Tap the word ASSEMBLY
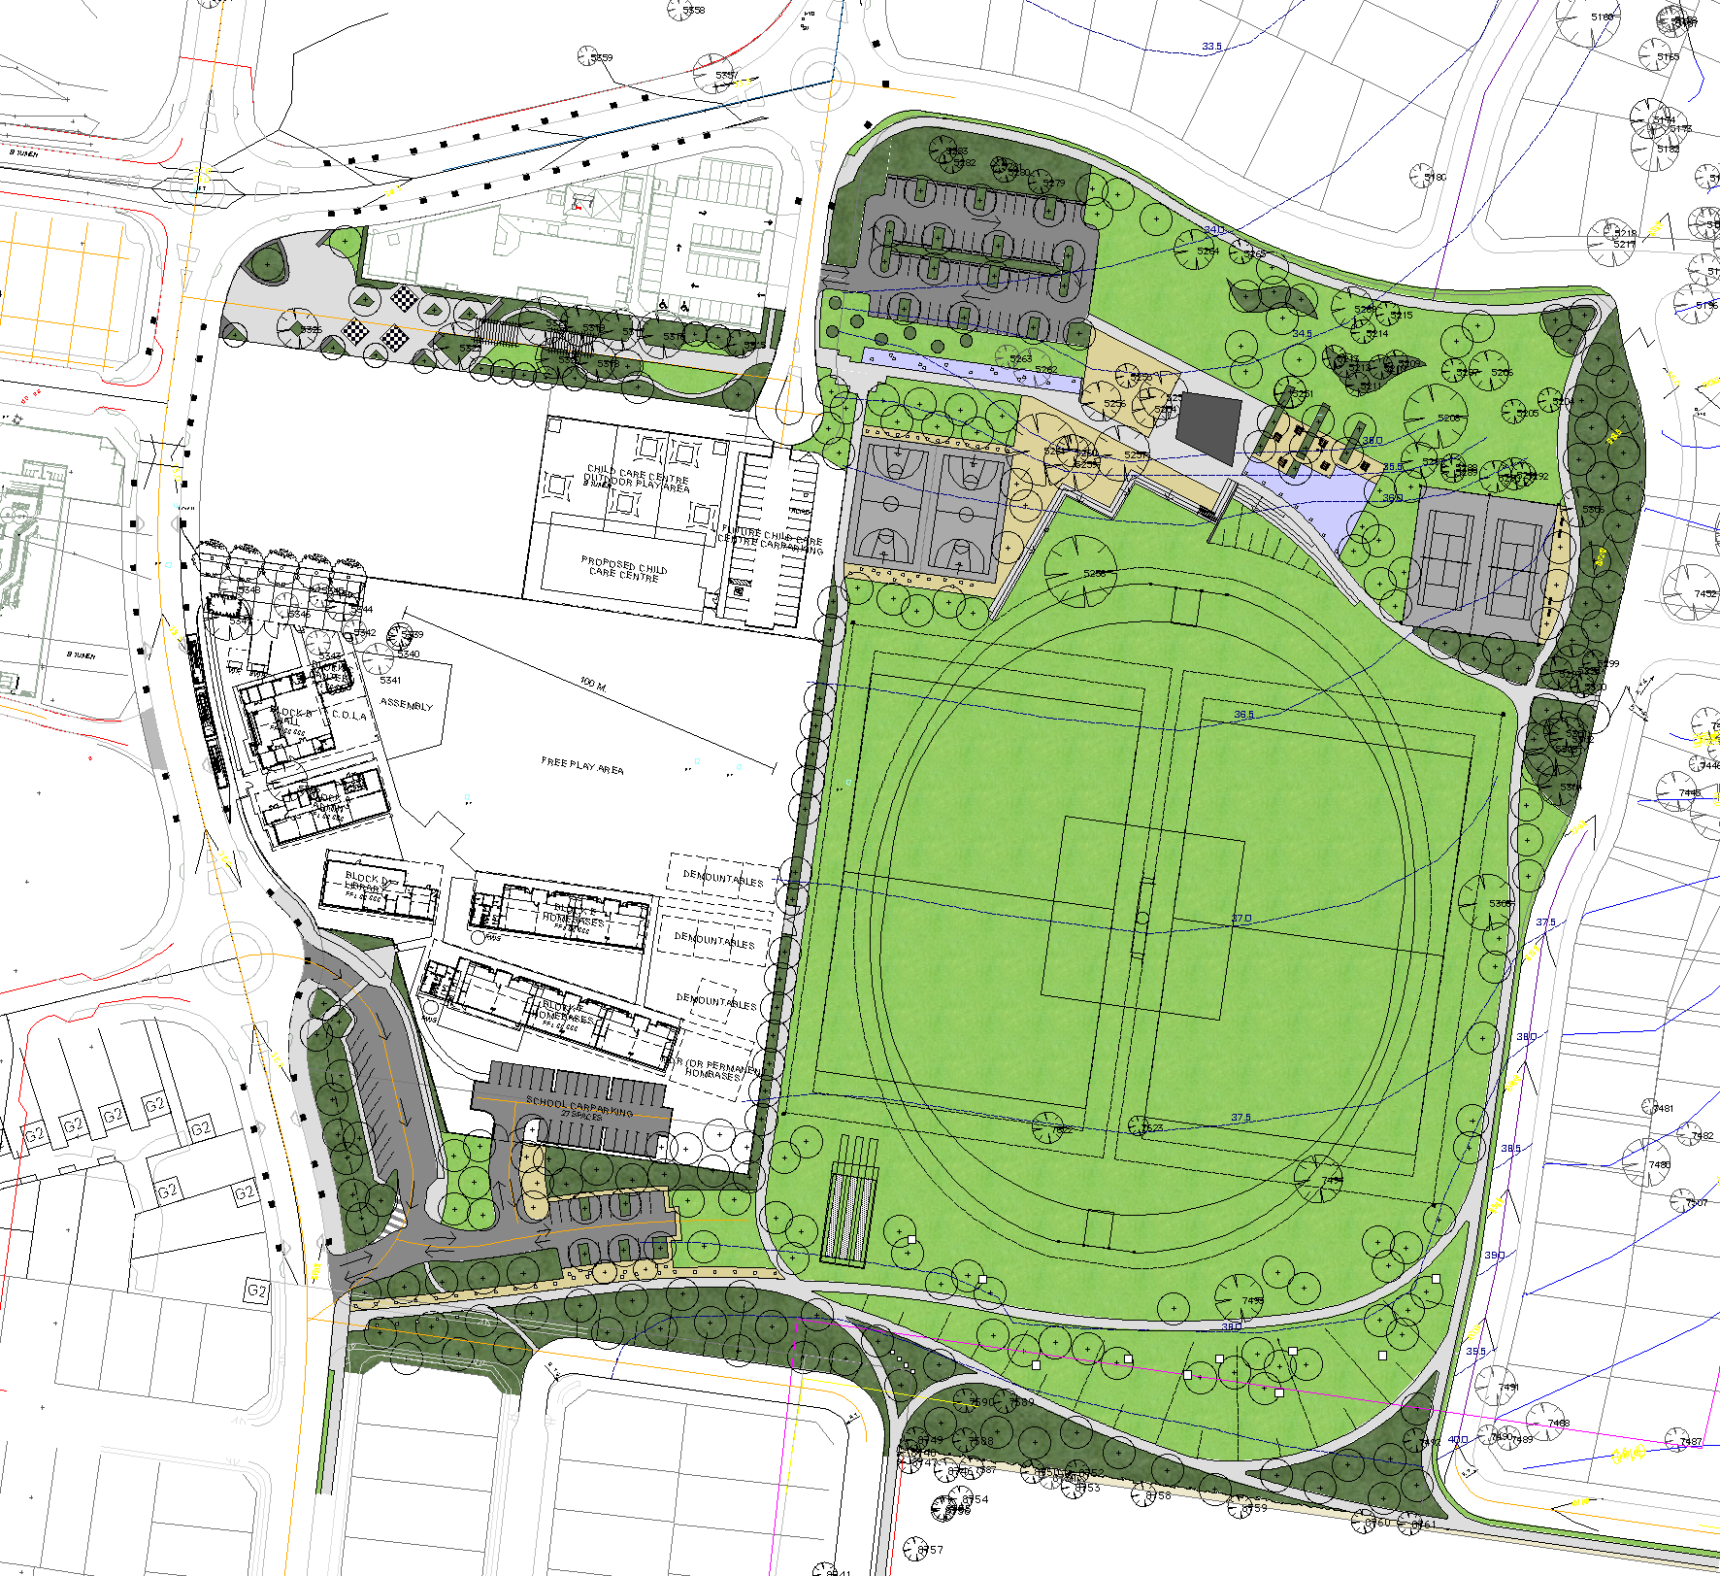tap(407, 704)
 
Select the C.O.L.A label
tap(349, 716)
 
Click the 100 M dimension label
tap(593, 685)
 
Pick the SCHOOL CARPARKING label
tap(579, 1106)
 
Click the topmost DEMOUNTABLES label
tap(723, 879)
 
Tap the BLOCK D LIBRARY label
tap(369, 883)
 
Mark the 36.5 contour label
tap(1243, 715)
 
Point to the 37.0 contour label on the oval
tap(1241, 919)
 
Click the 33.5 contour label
tap(1211, 47)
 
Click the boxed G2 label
tap(256, 1291)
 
